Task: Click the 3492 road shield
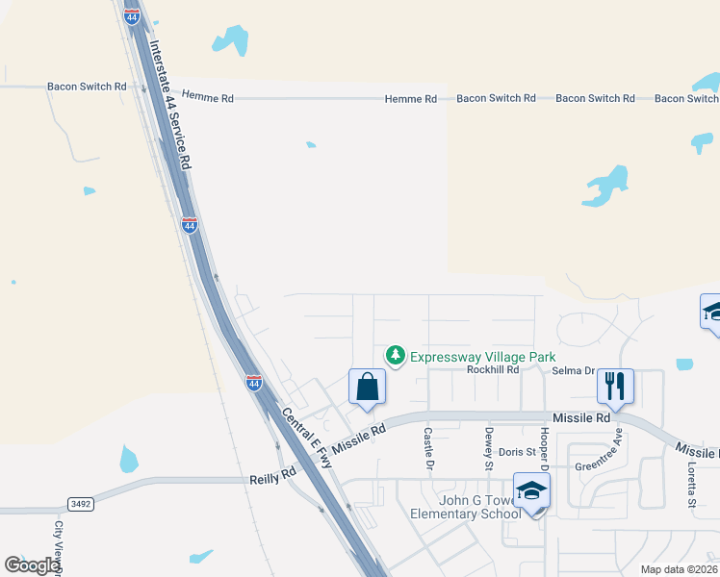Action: [x=81, y=504]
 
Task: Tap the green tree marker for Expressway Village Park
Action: [x=395, y=357]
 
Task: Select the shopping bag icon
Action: [x=368, y=388]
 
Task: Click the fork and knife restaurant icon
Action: [x=615, y=387]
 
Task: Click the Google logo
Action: [x=33, y=565]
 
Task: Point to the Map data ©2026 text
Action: [x=679, y=569]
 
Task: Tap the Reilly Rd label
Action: [x=272, y=475]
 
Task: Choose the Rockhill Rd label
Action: [x=492, y=369]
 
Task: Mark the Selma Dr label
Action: [x=575, y=370]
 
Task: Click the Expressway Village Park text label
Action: [x=482, y=357]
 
